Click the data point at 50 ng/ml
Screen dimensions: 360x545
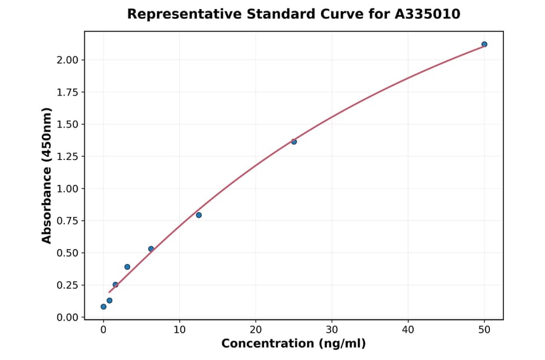[484, 44]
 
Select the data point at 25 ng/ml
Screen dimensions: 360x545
[294, 142]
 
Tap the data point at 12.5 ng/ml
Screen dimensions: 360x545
[199, 215]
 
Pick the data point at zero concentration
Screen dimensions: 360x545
[104, 307]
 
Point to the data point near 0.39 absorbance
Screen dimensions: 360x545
[127, 267]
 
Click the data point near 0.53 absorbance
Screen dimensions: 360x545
[151, 249]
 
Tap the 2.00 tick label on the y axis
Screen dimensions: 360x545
[67, 60]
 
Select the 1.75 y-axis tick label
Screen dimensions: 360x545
[67, 92]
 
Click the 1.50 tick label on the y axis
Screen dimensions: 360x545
[67, 124]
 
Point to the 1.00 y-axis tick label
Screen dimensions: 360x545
[67, 188]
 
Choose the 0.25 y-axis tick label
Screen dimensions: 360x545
[67, 285]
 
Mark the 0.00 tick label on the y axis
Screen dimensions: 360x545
[67, 317]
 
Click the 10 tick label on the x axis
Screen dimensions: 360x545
[179, 330]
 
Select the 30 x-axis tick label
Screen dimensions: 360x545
[332, 330]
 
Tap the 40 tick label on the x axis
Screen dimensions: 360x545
[408, 330]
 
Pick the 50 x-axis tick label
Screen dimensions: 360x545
[484, 330]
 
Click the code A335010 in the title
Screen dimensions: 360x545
[427, 14]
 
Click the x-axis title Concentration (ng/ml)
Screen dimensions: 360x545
[294, 344]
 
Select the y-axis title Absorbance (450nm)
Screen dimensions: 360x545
[47, 176]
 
